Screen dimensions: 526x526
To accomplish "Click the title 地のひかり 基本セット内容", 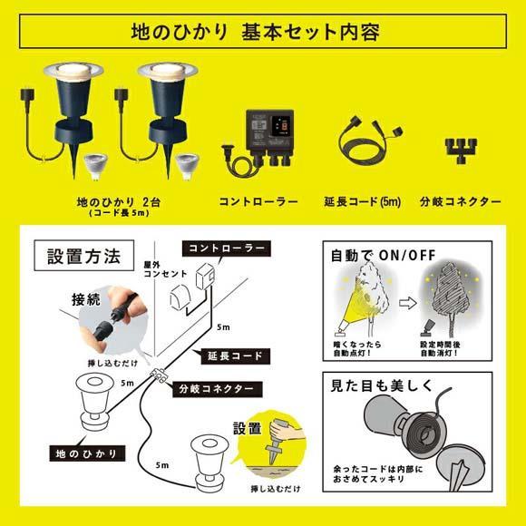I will tap(262, 32).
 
